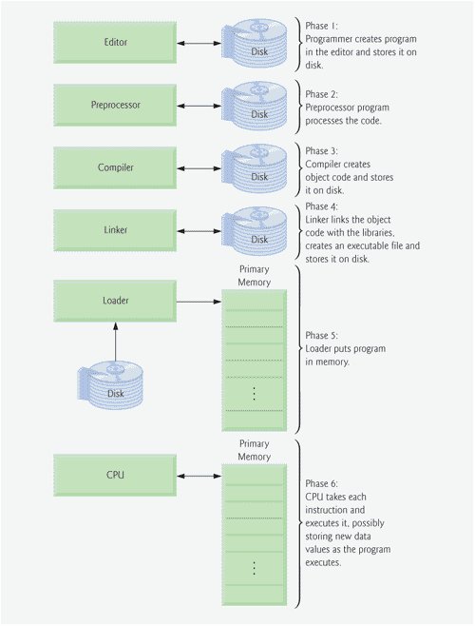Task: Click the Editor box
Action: (115, 42)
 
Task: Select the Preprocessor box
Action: (115, 105)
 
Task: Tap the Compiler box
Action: (115, 167)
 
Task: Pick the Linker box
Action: (115, 230)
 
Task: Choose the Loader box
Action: (115, 301)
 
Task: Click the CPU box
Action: (115, 475)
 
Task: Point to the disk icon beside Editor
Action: (255, 43)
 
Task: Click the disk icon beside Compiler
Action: (255, 168)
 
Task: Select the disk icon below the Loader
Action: (110, 385)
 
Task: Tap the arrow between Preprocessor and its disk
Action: (199, 106)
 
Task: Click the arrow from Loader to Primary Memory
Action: (199, 302)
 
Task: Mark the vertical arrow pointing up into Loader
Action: (116, 342)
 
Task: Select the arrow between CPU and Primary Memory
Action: (199, 476)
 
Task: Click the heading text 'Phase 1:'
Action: (321, 26)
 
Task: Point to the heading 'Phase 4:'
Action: (321, 206)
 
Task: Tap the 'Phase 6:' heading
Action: (321, 483)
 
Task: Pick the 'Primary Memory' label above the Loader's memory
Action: (254, 276)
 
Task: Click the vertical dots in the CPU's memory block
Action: (254, 568)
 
